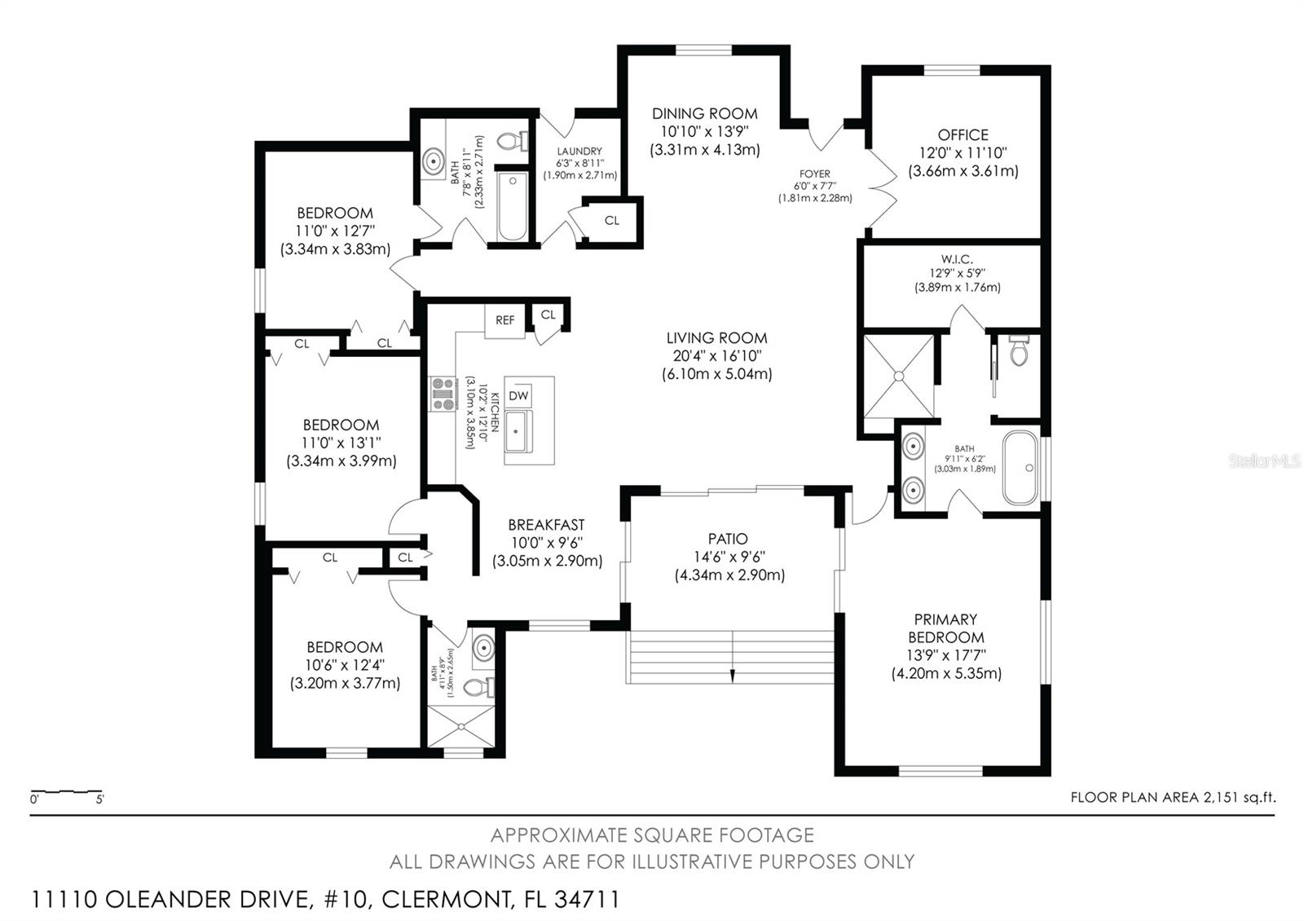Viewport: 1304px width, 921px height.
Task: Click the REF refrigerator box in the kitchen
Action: (504, 320)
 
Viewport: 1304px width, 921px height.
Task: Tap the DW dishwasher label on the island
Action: (518, 396)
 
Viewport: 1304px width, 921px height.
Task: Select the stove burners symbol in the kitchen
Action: (443, 394)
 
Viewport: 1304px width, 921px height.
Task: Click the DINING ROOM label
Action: (704, 113)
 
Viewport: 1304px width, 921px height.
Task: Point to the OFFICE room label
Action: (963, 135)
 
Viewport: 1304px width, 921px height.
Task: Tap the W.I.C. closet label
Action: (957, 259)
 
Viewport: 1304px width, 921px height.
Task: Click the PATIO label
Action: (728, 539)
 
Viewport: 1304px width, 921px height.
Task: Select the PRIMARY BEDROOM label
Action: (946, 628)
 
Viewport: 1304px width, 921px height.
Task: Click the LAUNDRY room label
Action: (579, 152)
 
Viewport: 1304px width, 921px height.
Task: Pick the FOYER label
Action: (815, 174)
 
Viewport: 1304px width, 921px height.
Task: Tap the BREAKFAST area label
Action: (546, 525)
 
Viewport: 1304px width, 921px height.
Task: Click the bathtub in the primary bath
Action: (1020, 468)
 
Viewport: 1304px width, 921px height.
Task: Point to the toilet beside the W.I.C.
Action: (1020, 350)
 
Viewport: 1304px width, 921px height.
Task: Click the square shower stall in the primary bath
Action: (898, 376)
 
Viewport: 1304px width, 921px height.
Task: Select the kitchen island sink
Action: (518, 431)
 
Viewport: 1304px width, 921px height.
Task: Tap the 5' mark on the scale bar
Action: (99, 800)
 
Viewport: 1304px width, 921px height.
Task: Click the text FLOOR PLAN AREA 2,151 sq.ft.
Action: (1173, 798)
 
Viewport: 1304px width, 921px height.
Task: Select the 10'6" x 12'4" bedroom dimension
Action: (345, 665)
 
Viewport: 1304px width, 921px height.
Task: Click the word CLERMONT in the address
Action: (447, 900)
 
